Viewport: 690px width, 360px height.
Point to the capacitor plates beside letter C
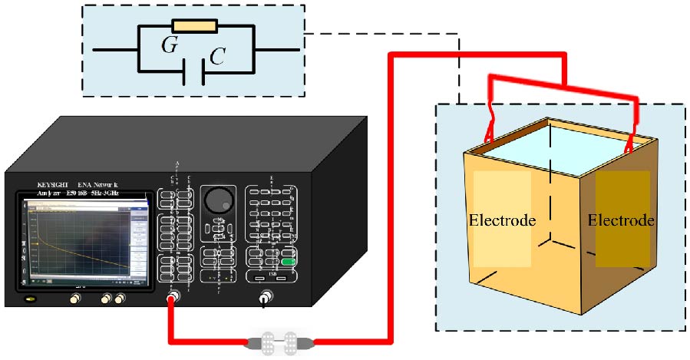pos(191,73)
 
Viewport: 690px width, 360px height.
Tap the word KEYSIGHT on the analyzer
pos(58,185)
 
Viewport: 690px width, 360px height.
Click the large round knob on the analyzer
pos(218,200)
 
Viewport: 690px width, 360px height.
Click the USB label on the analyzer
pos(271,269)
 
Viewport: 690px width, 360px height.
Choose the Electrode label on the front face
pos(502,220)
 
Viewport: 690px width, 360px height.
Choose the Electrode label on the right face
pos(621,220)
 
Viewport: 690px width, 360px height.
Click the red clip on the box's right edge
pos(631,141)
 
